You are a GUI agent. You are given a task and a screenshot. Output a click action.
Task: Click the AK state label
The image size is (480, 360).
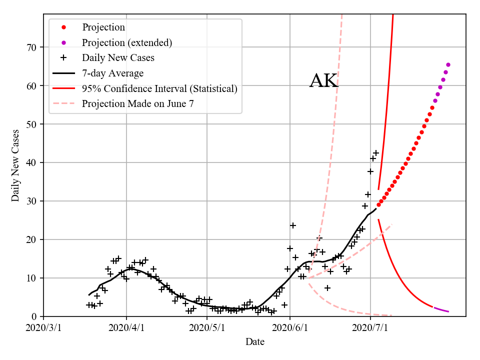click(324, 81)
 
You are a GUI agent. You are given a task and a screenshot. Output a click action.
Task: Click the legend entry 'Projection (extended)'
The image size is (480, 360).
click(127, 42)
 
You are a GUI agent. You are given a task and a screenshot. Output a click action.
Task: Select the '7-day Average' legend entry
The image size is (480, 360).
click(112, 73)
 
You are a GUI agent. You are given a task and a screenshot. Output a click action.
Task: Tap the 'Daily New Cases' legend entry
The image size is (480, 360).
click(118, 58)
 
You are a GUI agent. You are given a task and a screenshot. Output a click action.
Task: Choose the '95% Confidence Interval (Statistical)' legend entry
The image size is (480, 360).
click(159, 89)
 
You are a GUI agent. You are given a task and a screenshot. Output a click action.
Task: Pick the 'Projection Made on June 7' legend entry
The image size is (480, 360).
click(137, 104)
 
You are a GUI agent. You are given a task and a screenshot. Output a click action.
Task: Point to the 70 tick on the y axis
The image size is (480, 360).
click(35, 47)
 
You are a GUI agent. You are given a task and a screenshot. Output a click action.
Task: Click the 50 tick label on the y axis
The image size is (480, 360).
click(35, 124)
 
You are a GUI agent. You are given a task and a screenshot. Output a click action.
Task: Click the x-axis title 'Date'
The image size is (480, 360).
click(254, 342)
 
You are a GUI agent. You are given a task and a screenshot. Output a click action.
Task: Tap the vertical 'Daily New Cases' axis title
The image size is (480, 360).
click(15, 165)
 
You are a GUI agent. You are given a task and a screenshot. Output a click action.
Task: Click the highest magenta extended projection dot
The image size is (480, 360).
click(448, 64)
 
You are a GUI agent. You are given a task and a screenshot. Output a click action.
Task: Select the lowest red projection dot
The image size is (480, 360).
click(378, 204)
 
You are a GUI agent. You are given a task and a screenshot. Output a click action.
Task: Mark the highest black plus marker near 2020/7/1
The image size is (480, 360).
click(376, 153)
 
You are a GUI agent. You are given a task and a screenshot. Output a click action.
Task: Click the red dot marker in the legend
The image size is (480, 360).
click(63, 27)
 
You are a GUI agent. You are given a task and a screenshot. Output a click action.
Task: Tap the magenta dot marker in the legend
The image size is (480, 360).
click(63, 42)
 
